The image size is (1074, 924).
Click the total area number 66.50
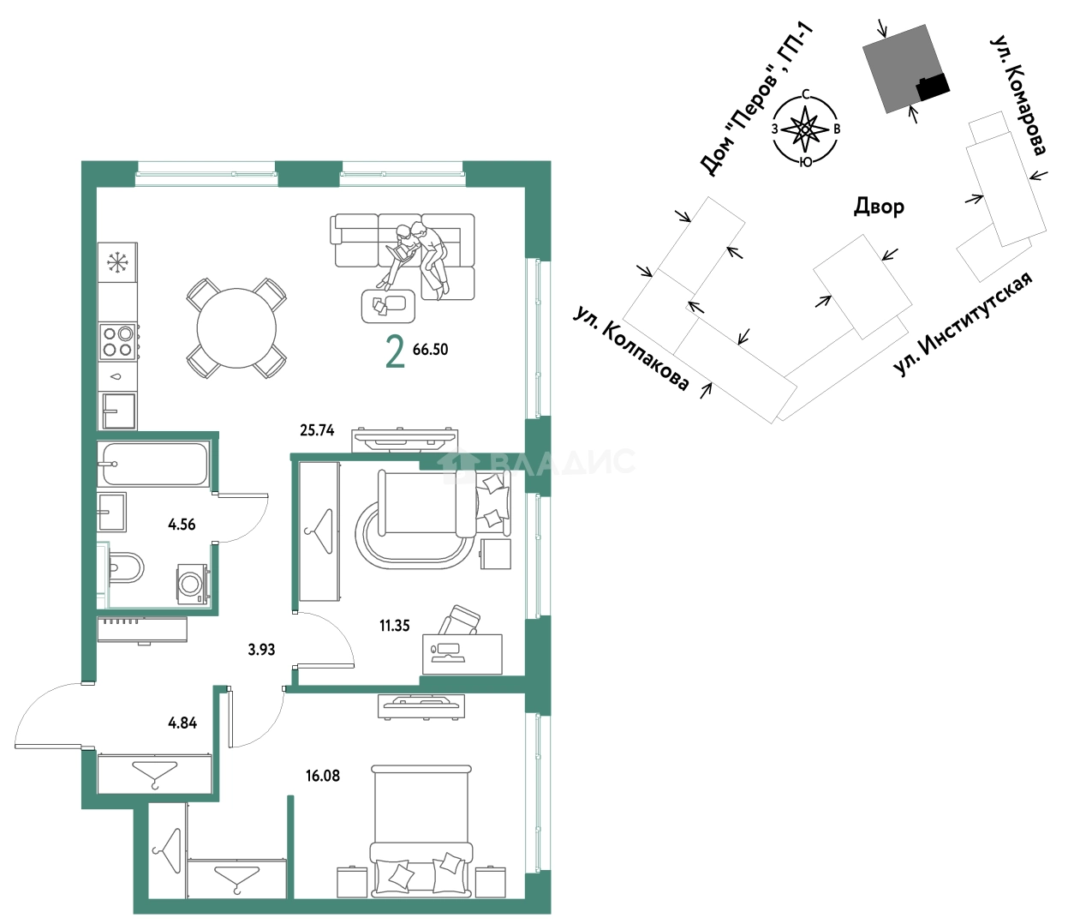pyautogui.click(x=430, y=350)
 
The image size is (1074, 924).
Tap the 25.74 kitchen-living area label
pyautogui.click(x=317, y=430)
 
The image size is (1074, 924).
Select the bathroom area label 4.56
pyautogui.click(x=182, y=525)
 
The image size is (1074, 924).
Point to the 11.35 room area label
pyautogui.click(x=394, y=626)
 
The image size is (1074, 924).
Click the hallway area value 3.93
pyautogui.click(x=261, y=650)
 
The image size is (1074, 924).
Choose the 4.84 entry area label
pyautogui.click(x=183, y=723)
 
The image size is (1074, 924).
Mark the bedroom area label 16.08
pyautogui.click(x=323, y=776)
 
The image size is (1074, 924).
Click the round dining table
pyautogui.click(x=236, y=328)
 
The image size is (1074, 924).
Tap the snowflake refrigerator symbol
pyautogui.click(x=118, y=262)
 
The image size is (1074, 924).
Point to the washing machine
pyautogui.click(x=194, y=584)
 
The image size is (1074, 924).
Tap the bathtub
pyautogui.click(x=155, y=464)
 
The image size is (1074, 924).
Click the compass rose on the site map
pyautogui.click(x=805, y=129)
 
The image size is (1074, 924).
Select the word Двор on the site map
pyautogui.click(x=879, y=207)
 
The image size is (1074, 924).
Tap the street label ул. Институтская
pyautogui.click(x=963, y=324)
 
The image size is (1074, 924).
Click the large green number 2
pyautogui.click(x=395, y=352)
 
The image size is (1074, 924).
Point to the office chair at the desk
pyautogui.click(x=460, y=621)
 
